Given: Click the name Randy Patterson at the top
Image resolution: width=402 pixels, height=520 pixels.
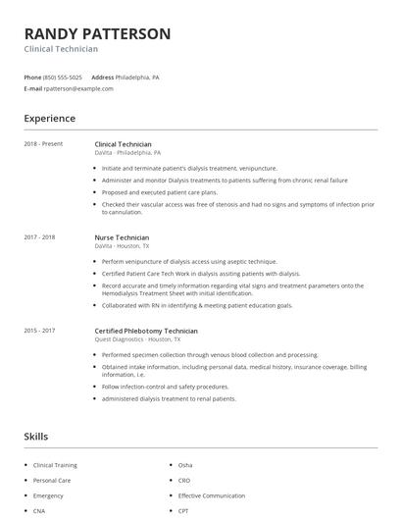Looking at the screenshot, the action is [x=97, y=33].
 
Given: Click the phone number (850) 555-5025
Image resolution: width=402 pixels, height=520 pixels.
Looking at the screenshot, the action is [x=64, y=77].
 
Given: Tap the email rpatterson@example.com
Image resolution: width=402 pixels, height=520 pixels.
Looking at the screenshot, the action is [x=78, y=88].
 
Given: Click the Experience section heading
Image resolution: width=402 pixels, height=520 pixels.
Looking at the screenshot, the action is [x=49, y=119].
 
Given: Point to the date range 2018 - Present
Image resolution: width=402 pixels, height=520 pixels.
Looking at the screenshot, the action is [x=43, y=144].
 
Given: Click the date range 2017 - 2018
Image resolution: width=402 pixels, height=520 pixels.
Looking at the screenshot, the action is [x=39, y=237].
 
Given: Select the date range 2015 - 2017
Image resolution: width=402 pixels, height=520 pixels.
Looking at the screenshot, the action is [x=39, y=331].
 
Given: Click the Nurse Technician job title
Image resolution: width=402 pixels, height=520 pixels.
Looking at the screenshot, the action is [x=122, y=237].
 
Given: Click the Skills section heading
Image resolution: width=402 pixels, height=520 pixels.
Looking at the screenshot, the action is [x=37, y=436].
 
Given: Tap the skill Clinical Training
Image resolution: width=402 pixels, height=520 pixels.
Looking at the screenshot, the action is [x=55, y=465].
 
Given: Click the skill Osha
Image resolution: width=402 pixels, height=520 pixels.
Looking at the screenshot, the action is [x=185, y=465].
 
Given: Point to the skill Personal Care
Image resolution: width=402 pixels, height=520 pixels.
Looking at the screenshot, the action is [x=51, y=481].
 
